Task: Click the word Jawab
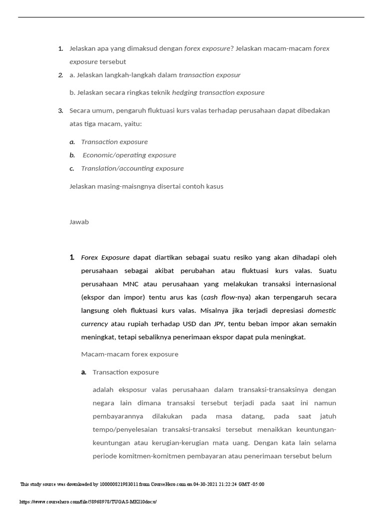coord(79,222)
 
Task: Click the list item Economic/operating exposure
coord(129,155)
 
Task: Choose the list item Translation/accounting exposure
coord(132,168)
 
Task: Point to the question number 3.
coord(60,111)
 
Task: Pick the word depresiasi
coord(286,310)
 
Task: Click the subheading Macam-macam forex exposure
coord(129,354)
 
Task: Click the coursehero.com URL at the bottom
coord(91,502)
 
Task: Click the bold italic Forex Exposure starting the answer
coord(105,257)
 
